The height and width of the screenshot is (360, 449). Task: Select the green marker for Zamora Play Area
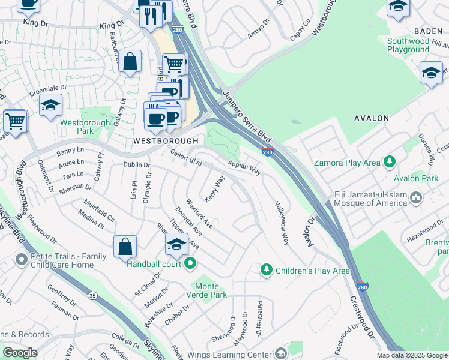tap(390, 162)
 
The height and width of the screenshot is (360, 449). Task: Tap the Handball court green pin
tap(190, 263)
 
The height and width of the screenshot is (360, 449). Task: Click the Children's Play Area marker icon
tap(266, 271)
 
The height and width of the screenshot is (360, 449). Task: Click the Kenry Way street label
tap(215, 189)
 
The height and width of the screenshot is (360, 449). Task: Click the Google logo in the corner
tap(20, 352)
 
